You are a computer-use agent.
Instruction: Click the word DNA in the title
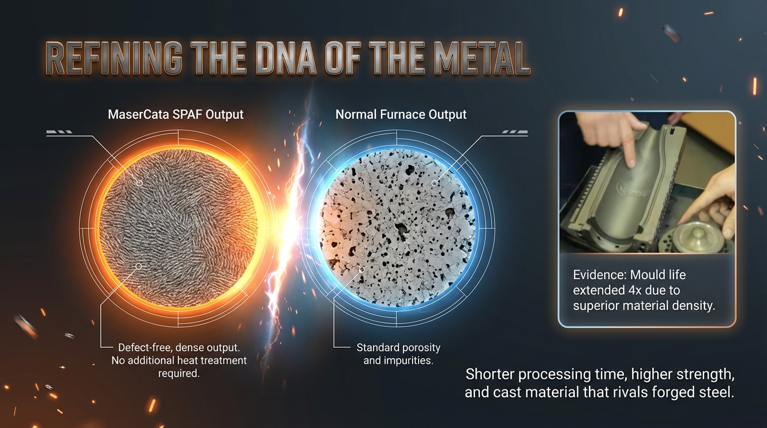point(286,57)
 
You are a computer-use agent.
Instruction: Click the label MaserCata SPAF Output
point(176,114)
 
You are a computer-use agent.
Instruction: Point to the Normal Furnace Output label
point(401,114)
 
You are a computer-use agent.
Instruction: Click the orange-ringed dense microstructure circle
point(178,228)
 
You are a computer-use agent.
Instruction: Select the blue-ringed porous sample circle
point(397,228)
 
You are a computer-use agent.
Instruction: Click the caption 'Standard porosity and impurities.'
point(399,354)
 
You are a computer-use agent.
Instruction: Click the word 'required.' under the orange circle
point(179,373)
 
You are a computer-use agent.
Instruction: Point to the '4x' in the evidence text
point(635,290)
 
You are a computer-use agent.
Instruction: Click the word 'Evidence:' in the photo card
point(600,275)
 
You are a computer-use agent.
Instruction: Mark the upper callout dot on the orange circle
point(139,183)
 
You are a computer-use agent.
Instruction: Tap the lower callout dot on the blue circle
point(361,270)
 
